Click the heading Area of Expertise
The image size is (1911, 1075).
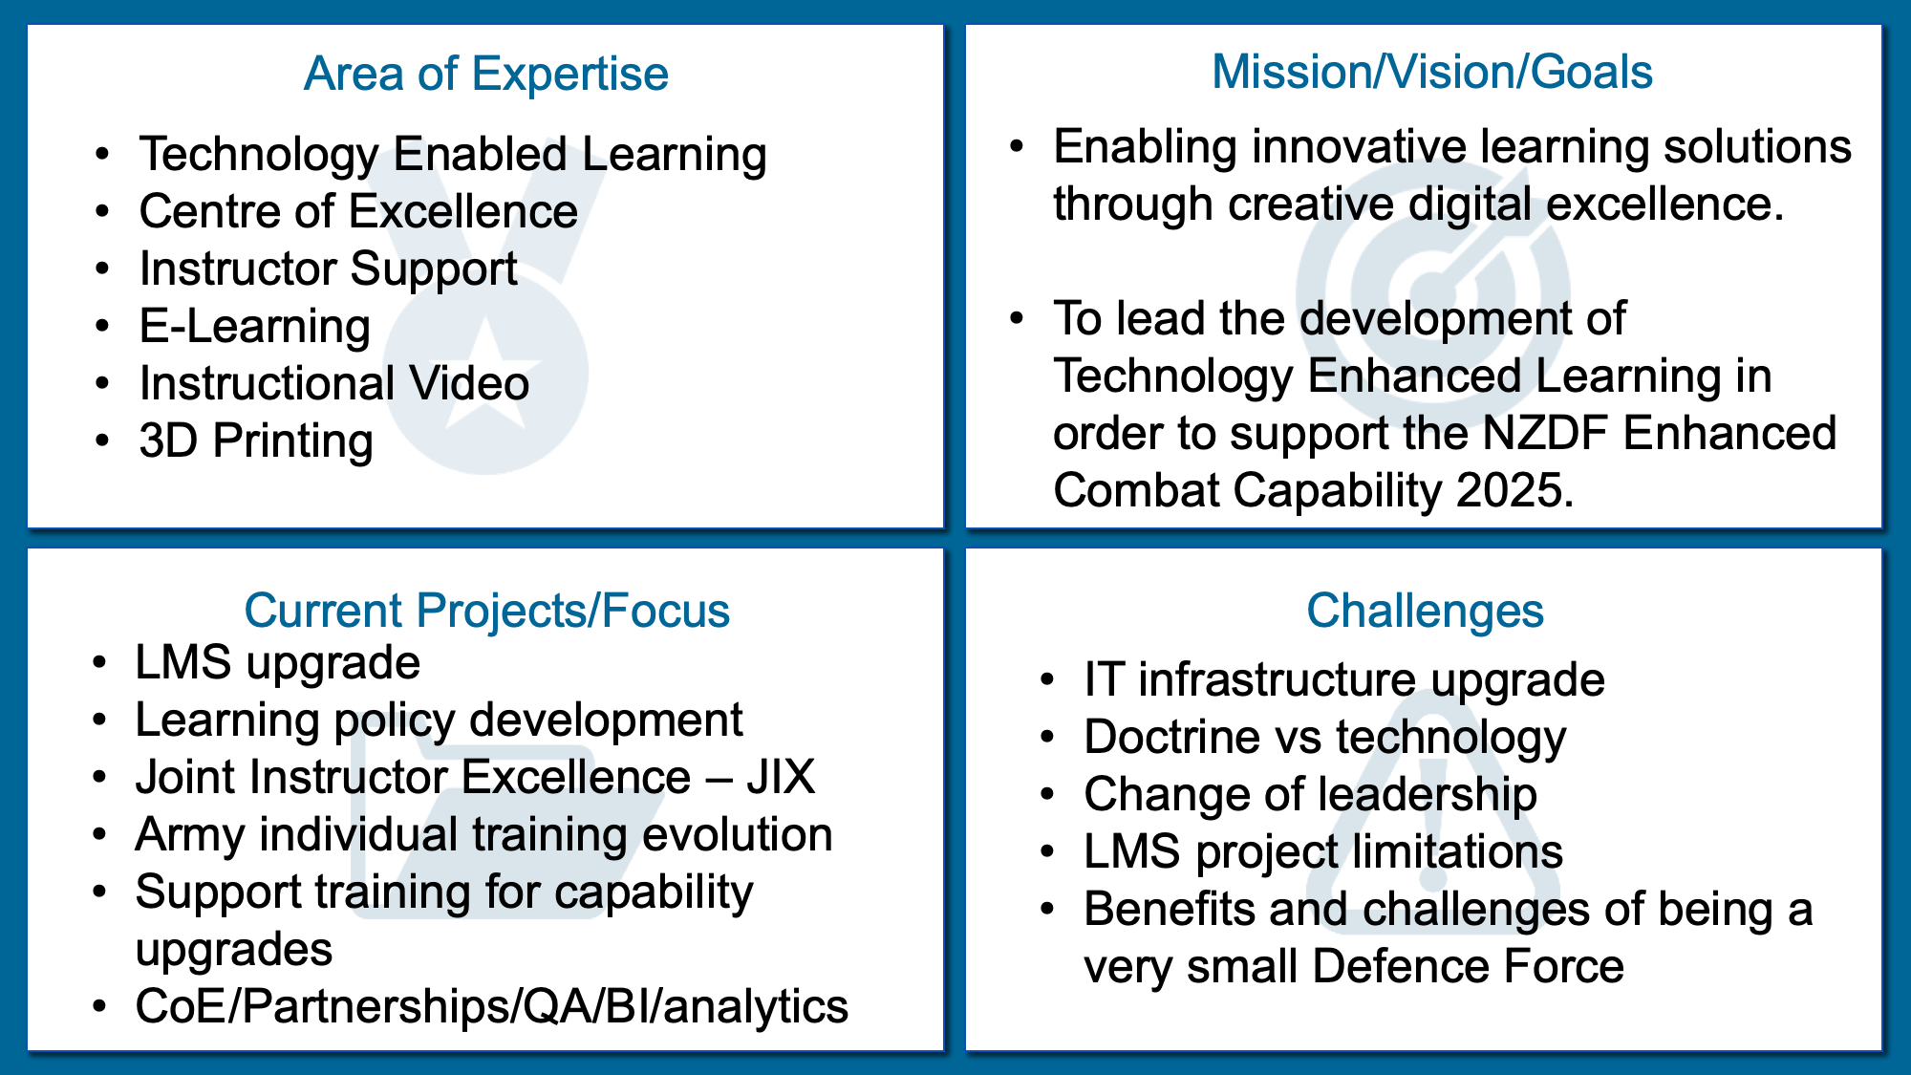click(485, 74)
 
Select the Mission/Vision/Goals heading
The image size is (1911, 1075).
click(1431, 72)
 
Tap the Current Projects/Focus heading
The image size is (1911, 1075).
click(486, 611)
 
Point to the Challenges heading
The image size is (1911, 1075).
click(1425, 611)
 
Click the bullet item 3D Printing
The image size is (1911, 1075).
click(256, 441)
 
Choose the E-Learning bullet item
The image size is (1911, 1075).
click(255, 327)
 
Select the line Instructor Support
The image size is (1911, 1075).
click(329, 269)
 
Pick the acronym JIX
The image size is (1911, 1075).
click(782, 777)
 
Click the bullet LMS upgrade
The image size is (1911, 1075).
click(277, 663)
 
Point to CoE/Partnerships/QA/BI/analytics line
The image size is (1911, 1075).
click(491, 1006)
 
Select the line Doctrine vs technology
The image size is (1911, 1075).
click(1325, 738)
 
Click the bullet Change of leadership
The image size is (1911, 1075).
click(1310, 795)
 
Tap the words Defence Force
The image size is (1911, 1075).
click(1468, 966)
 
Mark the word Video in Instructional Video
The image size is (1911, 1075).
click(469, 383)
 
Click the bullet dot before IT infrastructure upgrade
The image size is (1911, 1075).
click(1048, 680)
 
